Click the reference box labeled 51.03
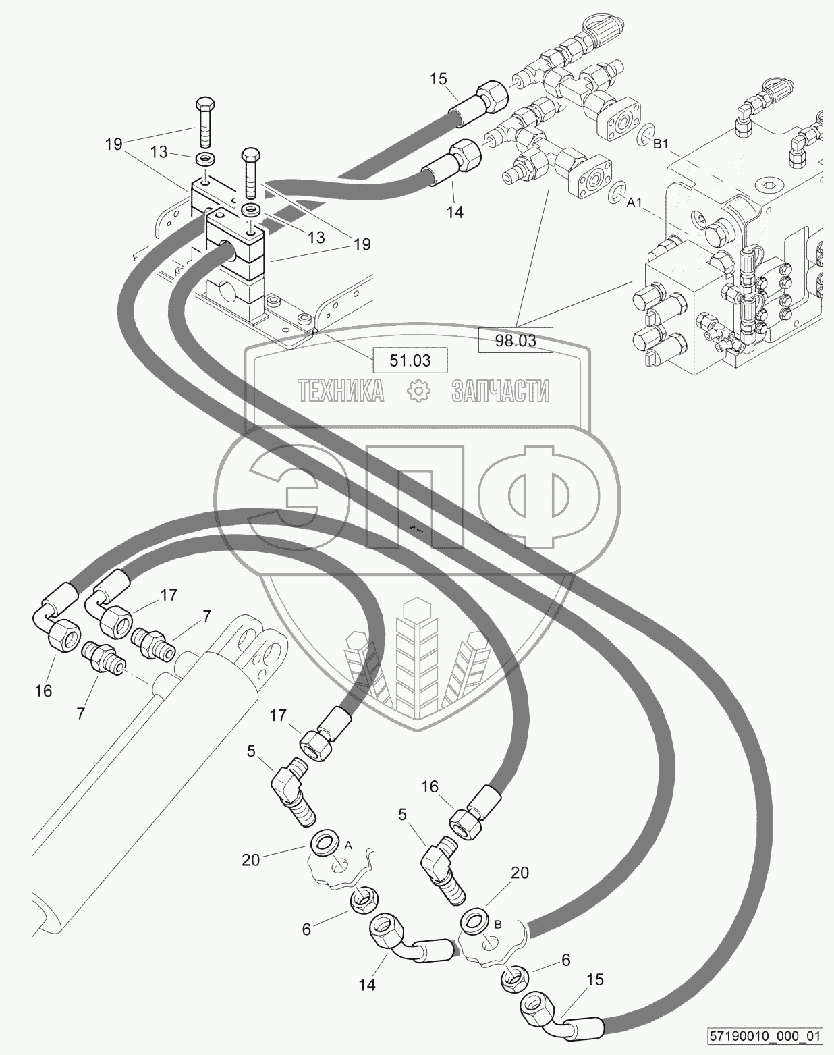click(x=410, y=360)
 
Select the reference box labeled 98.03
click(x=516, y=340)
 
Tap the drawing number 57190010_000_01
click(x=766, y=1035)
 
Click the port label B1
click(x=660, y=143)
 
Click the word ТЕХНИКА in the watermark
click(x=341, y=391)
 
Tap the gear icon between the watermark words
click(x=420, y=391)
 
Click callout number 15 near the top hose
click(x=439, y=79)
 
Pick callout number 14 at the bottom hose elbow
click(x=366, y=985)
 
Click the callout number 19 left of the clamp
click(x=114, y=143)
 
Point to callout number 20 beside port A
click(x=251, y=859)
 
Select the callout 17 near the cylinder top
click(x=169, y=595)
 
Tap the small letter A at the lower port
click(x=348, y=845)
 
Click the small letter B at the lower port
click(x=498, y=925)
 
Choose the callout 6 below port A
click(x=306, y=929)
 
